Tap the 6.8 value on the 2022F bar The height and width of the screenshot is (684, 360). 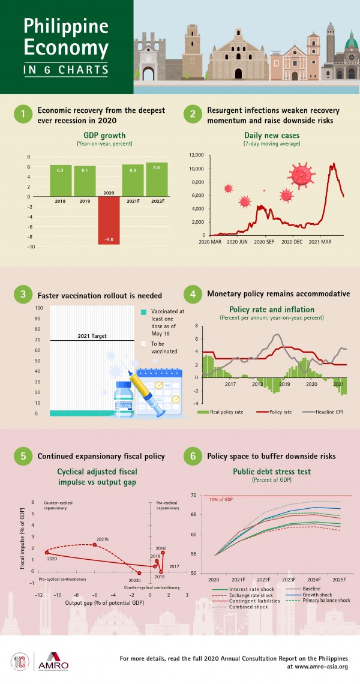[157, 167]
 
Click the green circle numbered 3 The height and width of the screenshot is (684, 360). [23, 295]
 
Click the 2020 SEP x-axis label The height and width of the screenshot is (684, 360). [265, 242]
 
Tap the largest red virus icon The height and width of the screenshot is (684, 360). [302, 175]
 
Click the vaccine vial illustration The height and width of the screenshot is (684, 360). [125, 398]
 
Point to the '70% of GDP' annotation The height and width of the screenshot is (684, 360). [222, 499]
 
